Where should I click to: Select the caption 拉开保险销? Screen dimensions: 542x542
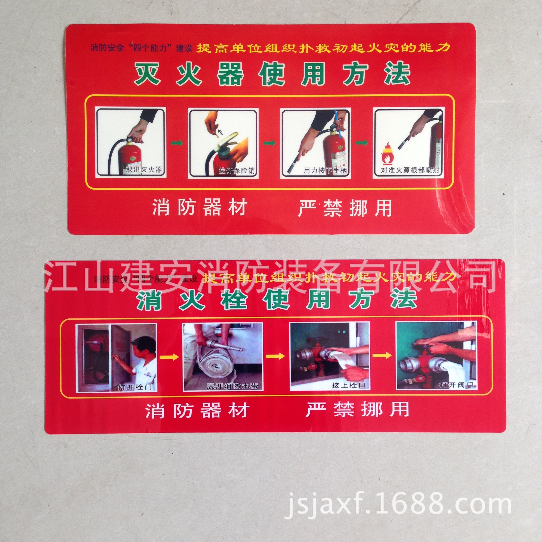click(238, 171)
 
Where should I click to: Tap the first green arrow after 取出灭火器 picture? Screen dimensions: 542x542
click(177, 143)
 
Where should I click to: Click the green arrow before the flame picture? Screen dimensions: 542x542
click(362, 143)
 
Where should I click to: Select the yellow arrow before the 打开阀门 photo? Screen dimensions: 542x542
click(383, 355)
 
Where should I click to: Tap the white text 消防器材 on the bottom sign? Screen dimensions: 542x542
click(197, 411)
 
